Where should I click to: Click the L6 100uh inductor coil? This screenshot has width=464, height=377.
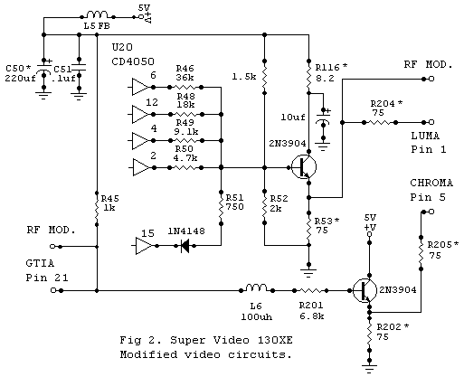(x=256, y=290)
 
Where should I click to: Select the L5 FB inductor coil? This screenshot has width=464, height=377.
(x=96, y=15)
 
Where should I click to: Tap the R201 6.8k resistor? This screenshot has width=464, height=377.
(x=313, y=290)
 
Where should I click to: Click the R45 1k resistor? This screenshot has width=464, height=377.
(x=96, y=208)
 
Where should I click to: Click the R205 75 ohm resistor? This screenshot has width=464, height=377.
(x=420, y=252)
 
